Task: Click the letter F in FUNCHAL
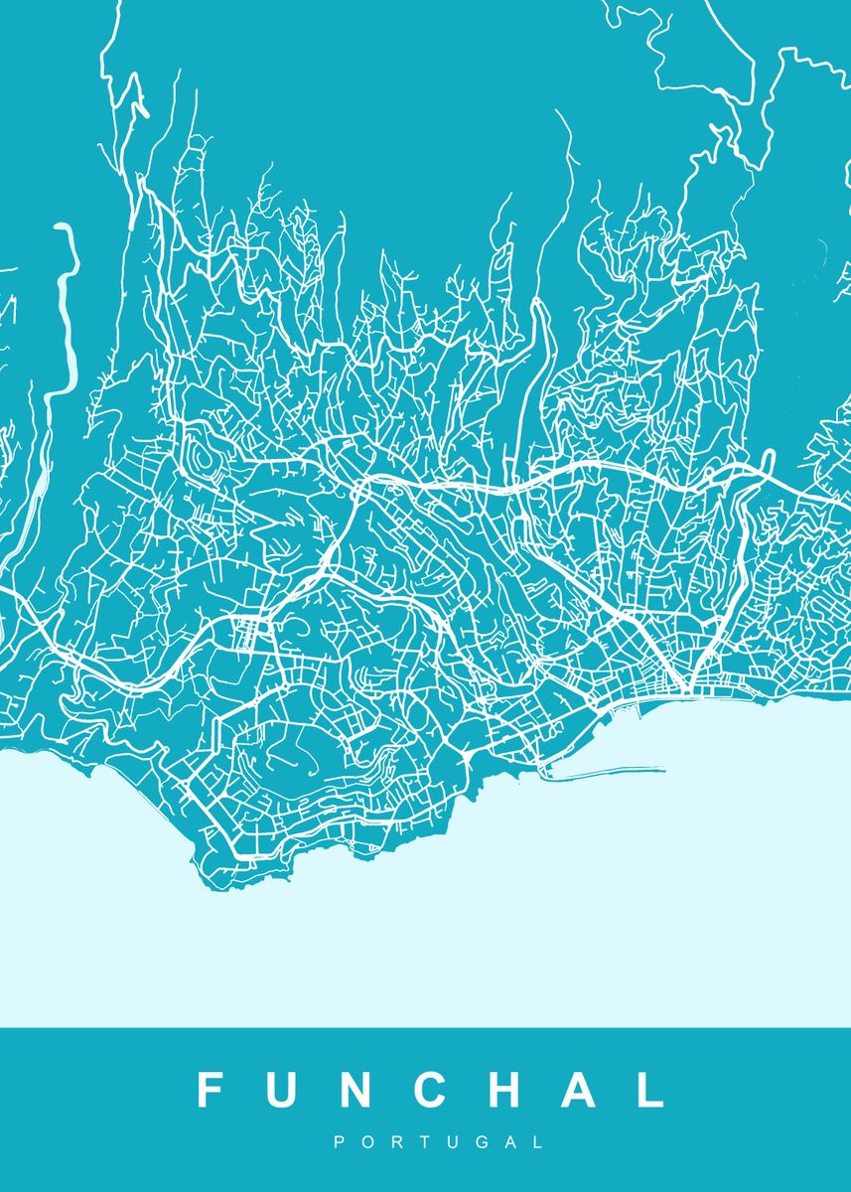[211, 1090]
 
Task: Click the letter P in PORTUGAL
[340, 1143]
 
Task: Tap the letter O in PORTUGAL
[366, 1143]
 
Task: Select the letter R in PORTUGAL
[395, 1143]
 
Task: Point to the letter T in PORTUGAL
[423, 1143]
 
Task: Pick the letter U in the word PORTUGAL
[451, 1143]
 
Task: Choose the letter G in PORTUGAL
[481, 1143]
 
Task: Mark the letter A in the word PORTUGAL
[510, 1143]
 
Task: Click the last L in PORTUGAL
[538, 1143]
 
